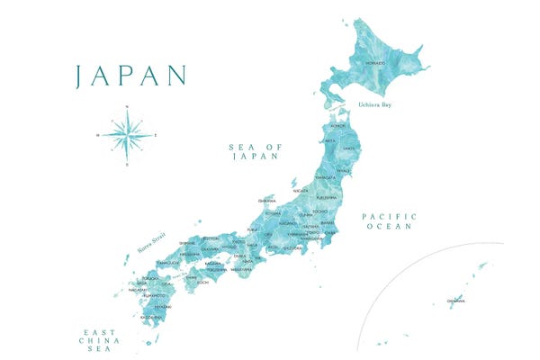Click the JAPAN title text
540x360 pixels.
[x=130, y=76]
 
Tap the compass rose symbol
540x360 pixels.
[x=126, y=136]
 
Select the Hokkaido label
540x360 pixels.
[x=375, y=63]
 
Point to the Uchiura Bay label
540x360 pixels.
[x=374, y=105]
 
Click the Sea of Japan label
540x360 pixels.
[x=255, y=151]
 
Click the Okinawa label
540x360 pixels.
[x=456, y=301]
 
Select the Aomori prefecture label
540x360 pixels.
[x=337, y=126]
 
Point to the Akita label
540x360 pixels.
[x=330, y=141]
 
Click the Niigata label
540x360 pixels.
[x=301, y=191]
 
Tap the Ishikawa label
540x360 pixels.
[x=266, y=200]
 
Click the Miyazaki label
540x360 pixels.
[x=162, y=306]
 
